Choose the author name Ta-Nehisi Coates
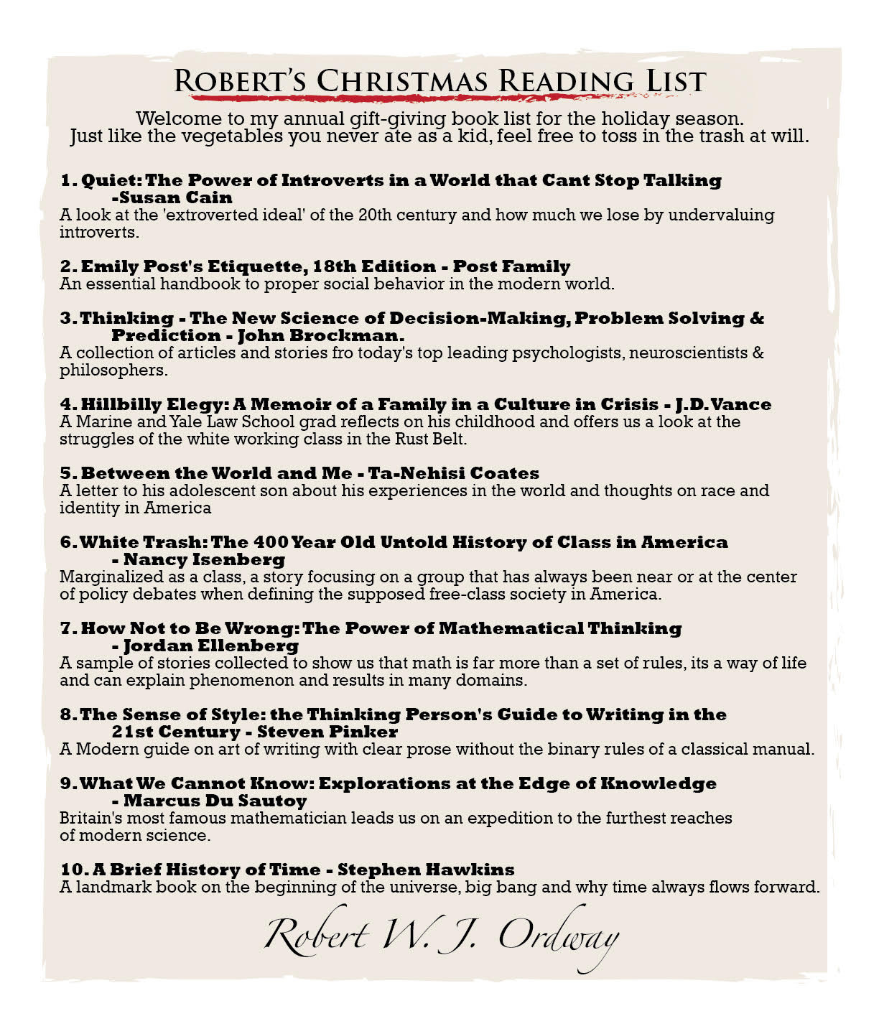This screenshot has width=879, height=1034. point(453,473)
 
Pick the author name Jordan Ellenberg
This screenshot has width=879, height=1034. point(211,646)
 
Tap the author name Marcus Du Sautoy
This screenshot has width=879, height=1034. point(215,801)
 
